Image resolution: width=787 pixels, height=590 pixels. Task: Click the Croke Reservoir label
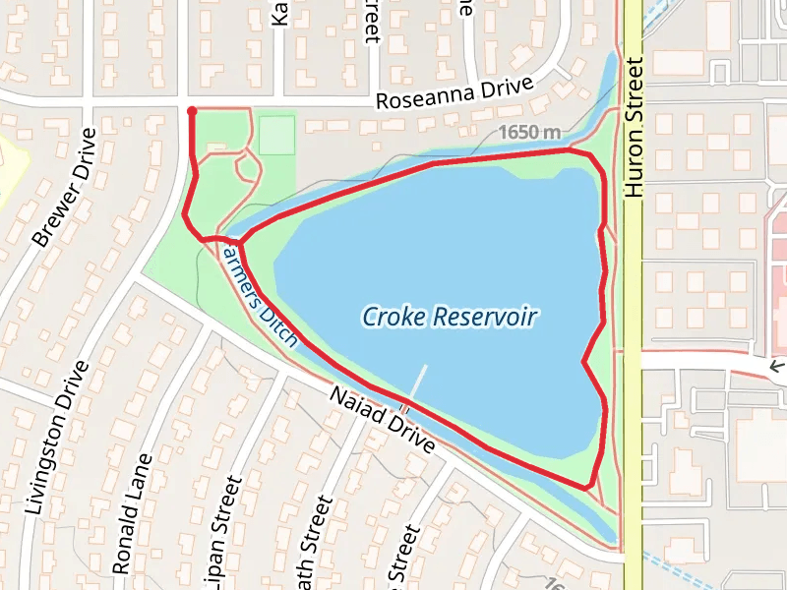[450, 317]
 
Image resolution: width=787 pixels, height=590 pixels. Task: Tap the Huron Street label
[633, 127]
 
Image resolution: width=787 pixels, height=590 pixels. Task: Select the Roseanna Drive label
[455, 95]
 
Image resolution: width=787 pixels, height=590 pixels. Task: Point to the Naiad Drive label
[382, 418]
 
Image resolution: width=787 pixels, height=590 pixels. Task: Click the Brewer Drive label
[65, 187]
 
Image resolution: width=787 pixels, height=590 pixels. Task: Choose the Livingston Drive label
[55, 437]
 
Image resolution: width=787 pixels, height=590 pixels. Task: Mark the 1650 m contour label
[528, 132]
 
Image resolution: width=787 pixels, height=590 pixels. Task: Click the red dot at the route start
[191, 111]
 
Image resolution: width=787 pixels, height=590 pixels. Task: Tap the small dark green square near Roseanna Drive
[277, 135]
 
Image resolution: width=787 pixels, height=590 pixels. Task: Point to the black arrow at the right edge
[777, 366]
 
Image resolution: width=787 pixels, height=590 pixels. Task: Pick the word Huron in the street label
[633, 168]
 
